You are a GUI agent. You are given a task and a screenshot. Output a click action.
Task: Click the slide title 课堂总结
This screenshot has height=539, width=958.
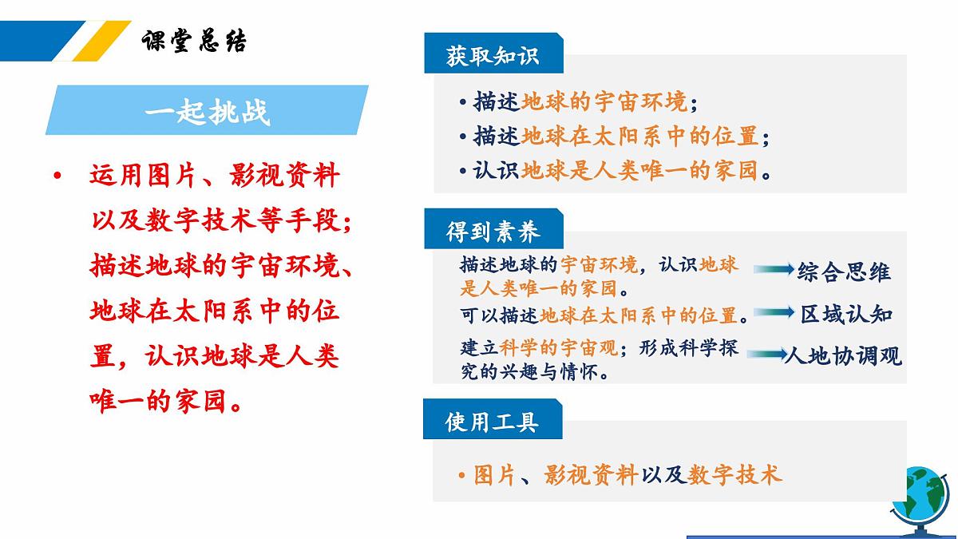tap(194, 41)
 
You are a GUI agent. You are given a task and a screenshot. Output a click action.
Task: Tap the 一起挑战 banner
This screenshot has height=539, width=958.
tap(207, 111)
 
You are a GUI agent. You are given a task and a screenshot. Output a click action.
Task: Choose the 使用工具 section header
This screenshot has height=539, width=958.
tap(492, 421)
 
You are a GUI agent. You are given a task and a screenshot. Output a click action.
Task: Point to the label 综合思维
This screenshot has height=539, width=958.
tap(844, 271)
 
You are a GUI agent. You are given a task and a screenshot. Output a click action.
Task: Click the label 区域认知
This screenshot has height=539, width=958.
tap(846, 314)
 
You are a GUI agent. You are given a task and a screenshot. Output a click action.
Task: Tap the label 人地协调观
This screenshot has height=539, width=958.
tap(843, 355)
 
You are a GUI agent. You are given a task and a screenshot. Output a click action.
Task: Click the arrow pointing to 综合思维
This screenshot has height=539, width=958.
tap(774, 269)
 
